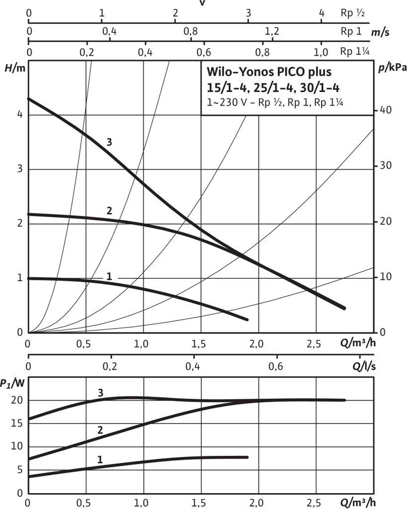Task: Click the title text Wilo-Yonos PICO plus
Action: [x=268, y=73]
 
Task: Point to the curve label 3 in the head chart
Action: [x=109, y=143]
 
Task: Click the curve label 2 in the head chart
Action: [x=109, y=210]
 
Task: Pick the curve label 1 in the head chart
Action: [x=109, y=275]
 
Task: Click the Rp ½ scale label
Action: [x=352, y=13]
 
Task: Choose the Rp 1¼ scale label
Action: [x=352, y=51]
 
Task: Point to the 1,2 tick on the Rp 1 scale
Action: [x=271, y=32]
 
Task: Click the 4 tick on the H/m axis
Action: [x=20, y=114]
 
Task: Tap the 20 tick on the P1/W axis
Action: [x=18, y=400]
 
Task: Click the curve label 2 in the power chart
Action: [x=100, y=430]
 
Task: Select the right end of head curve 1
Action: [x=246, y=319]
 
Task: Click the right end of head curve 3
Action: [x=344, y=308]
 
